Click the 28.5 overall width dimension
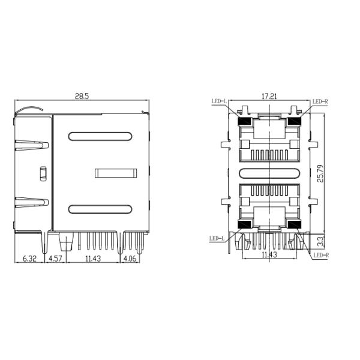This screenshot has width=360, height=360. (x=82, y=96)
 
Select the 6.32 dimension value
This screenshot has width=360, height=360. (x=30, y=259)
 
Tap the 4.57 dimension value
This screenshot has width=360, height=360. (x=55, y=259)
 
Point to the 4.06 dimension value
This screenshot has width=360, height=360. (x=131, y=259)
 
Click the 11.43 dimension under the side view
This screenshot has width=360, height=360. (x=93, y=259)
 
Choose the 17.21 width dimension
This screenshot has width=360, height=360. (x=269, y=96)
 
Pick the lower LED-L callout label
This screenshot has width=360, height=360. (x=216, y=238)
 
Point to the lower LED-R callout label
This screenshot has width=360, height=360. (x=321, y=255)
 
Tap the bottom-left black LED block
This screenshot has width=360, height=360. (x=245, y=224)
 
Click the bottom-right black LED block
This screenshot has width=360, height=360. (x=293, y=224)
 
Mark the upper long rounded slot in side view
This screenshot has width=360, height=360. (x=100, y=136)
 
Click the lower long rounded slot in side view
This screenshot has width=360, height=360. (x=100, y=209)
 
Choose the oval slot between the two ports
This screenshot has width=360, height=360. (x=269, y=173)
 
